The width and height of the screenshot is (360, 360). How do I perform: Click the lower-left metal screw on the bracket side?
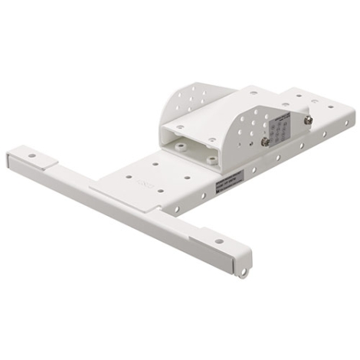(265, 142)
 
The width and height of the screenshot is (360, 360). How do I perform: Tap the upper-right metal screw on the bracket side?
(308, 119)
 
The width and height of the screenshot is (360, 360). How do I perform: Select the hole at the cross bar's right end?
(219, 241)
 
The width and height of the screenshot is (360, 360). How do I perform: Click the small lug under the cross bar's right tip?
(246, 269)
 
